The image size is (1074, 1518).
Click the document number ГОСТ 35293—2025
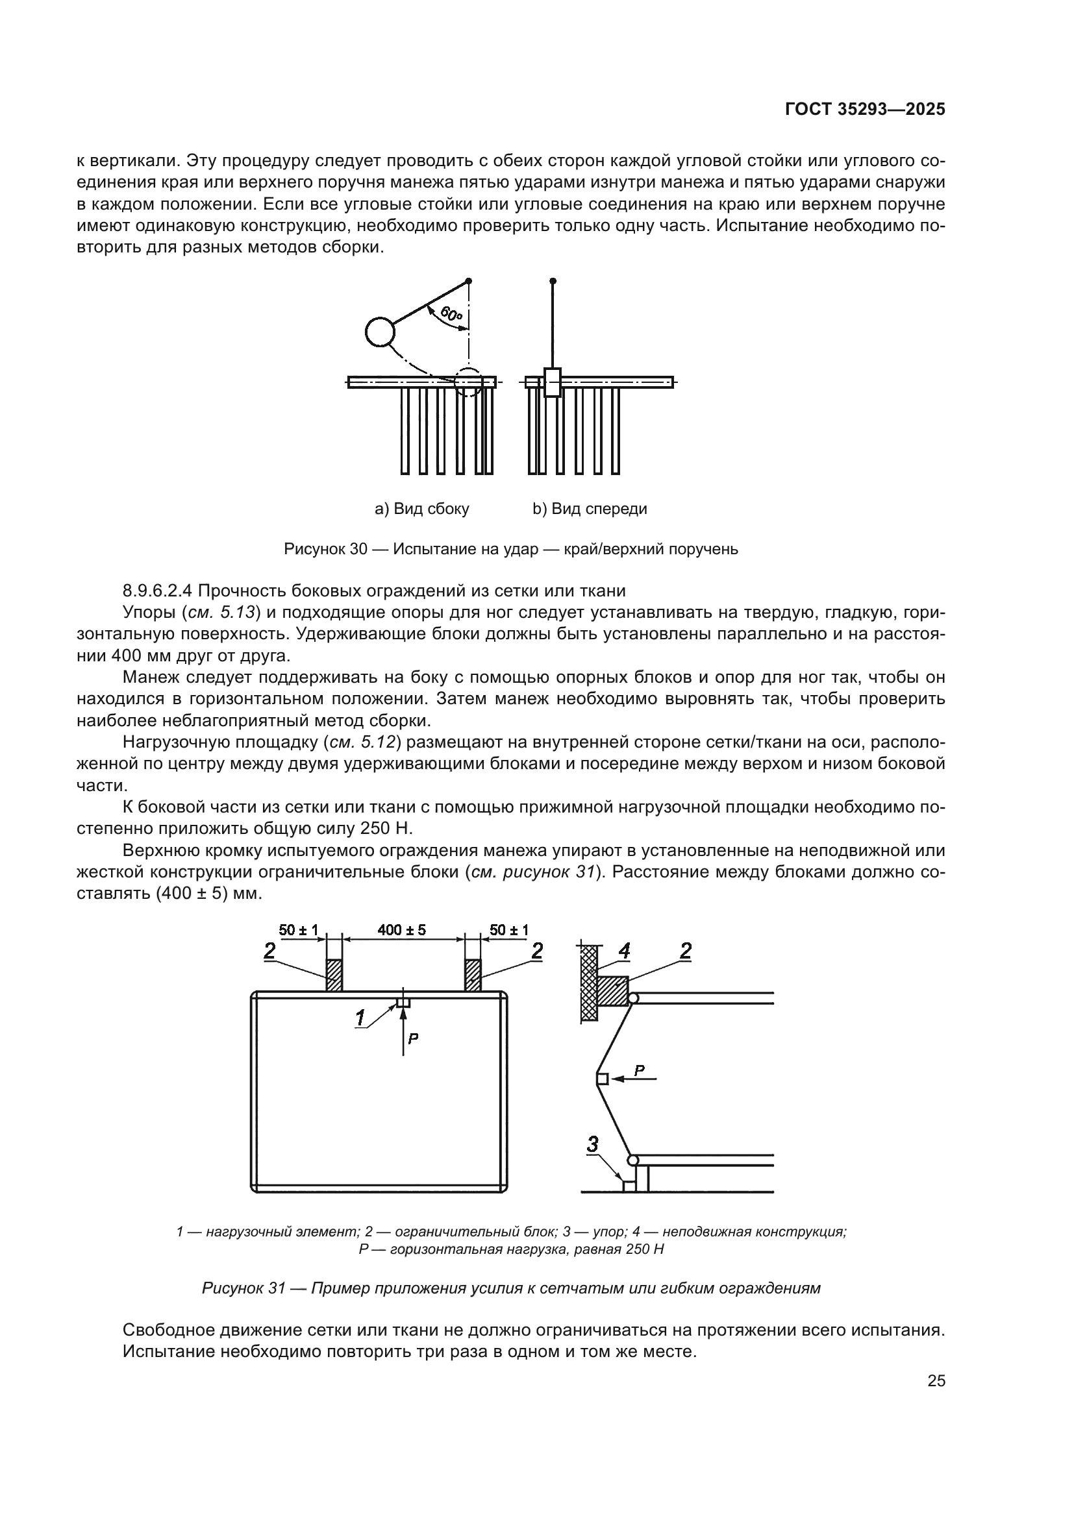tap(865, 110)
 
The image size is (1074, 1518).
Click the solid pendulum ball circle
tap(381, 332)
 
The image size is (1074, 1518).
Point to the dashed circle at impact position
tap(468, 382)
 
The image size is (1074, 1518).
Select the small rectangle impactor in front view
tap(552, 382)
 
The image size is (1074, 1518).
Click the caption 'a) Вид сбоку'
tap(422, 509)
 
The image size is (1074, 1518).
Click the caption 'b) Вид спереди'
tap(590, 509)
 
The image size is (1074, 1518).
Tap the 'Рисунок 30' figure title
tap(325, 550)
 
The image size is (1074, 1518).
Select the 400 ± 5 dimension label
tap(402, 930)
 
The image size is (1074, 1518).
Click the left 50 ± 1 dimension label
tap(298, 930)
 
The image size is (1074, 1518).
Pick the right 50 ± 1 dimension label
tap(508, 930)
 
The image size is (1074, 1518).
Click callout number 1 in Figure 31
tap(360, 1018)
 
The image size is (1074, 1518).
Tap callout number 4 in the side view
tap(623, 951)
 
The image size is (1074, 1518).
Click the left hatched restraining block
tap(334, 975)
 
